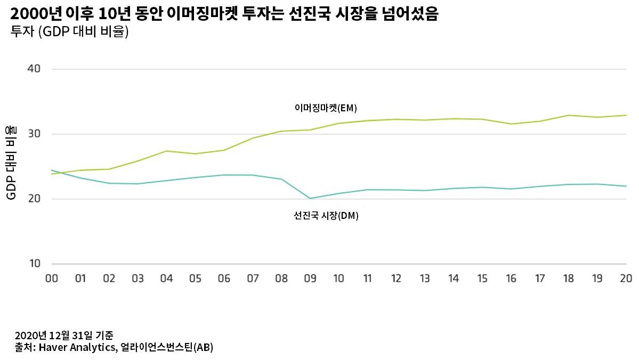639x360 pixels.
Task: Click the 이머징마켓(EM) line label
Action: [x=326, y=108]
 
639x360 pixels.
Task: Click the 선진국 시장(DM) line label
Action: [x=326, y=216]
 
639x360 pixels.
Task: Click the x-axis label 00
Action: [x=52, y=278]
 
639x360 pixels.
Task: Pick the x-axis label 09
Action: [x=310, y=278]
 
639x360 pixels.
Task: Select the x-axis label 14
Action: [x=454, y=278]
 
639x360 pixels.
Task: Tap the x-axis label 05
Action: [x=195, y=278]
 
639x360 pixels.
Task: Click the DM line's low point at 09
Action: [x=310, y=199]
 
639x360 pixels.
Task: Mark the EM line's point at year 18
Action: [x=569, y=115]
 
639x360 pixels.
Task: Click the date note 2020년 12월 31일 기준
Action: [x=64, y=336]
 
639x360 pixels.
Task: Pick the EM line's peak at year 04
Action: [x=167, y=151]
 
